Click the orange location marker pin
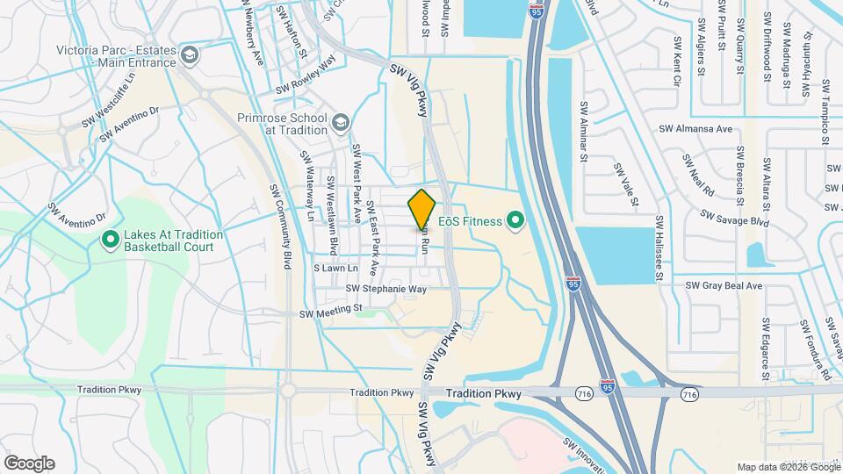[x=421, y=209]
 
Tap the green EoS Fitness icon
[x=515, y=219]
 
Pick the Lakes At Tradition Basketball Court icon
[x=111, y=239]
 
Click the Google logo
[x=29, y=463]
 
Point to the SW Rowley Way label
[x=306, y=77]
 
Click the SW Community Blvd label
[x=280, y=226]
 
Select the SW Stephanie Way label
[x=386, y=288]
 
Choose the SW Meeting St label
[x=331, y=310]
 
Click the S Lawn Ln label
[x=336, y=269]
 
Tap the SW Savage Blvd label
[x=733, y=218]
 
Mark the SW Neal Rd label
[x=700, y=174]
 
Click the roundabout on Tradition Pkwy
[x=289, y=391]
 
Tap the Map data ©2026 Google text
[x=786, y=467]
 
